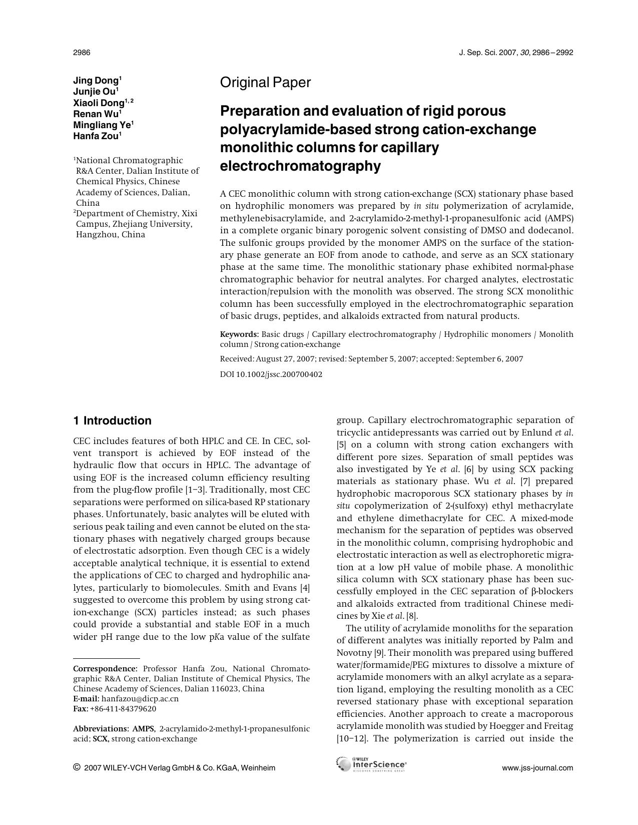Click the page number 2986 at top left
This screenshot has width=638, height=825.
82,53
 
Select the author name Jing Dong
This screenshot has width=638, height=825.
96,81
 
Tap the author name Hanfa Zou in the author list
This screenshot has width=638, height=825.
96,136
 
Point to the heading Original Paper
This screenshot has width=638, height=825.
265,83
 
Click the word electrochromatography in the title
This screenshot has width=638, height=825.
300,166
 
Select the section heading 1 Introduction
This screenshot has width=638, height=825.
112,421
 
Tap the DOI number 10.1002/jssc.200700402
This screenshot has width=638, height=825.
279,374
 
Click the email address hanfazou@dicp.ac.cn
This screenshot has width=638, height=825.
140,698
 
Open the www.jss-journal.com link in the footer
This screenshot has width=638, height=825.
537,768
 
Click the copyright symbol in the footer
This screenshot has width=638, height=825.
77,767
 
